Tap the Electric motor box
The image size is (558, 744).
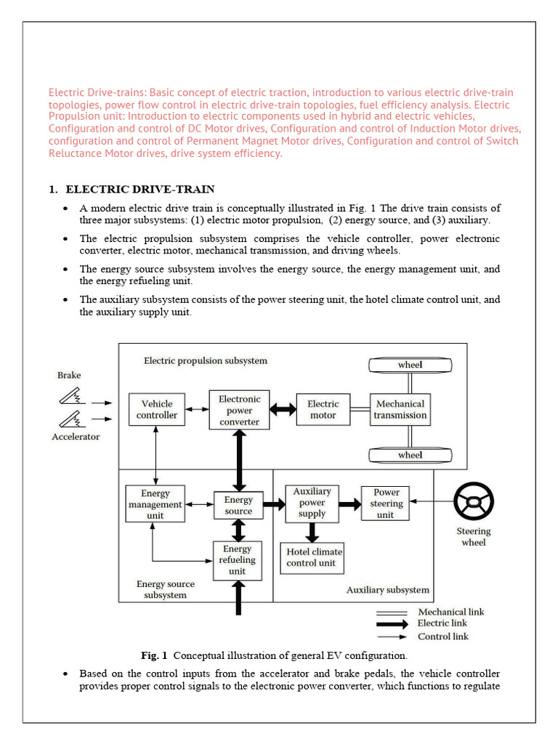pyautogui.click(x=323, y=410)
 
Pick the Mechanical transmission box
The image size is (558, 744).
pyautogui.click(x=400, y=410)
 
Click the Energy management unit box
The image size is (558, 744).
pyautogui.click(x=155, y=504)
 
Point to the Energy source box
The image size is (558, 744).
pyautogui.click(x=238, y=505)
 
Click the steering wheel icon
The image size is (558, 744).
pyautogui.click(x=474, y=502)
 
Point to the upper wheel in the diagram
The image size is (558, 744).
pyautogui.click(x=410, y=365)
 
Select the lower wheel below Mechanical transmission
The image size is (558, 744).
pyautogui.click(x=410, y=456)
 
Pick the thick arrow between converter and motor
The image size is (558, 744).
pyautogui.click(x=283, y=410)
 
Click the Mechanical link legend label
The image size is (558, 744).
pyautogui.click(x=450, y=611)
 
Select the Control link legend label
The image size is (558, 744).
pyautogui.click(x=442, y=636)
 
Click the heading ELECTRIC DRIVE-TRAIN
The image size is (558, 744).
pyautogui.click(x=139, y=190)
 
